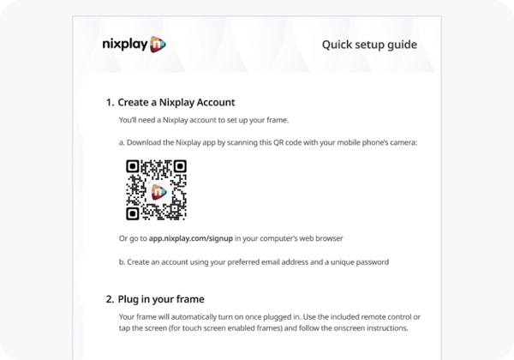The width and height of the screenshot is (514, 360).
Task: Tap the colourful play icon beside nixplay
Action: [x=157, y=44]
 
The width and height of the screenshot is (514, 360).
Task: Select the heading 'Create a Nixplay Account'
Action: [x=176, y=102]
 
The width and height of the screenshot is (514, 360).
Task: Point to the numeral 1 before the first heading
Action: [x=109, y=102]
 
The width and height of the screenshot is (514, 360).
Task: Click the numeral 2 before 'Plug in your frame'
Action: [x=109, y=299]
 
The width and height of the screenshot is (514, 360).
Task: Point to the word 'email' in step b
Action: [x=275, y=261]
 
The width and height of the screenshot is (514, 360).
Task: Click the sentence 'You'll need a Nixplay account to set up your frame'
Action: [x=204, y=121]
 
